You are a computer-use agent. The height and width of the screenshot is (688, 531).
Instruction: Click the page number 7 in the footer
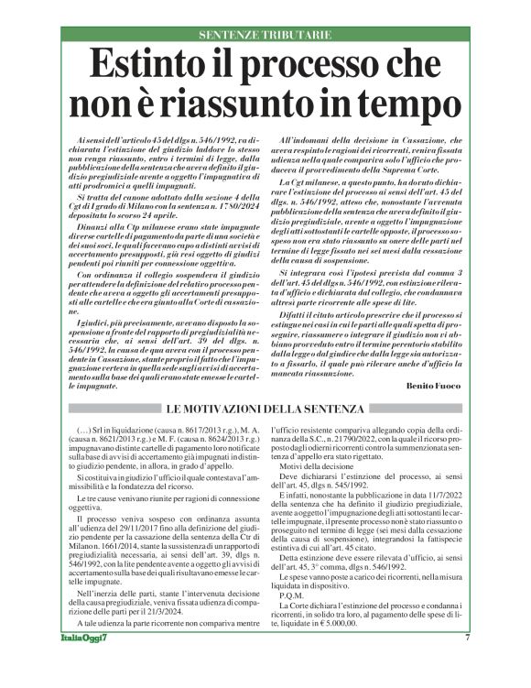pos(467,663)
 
